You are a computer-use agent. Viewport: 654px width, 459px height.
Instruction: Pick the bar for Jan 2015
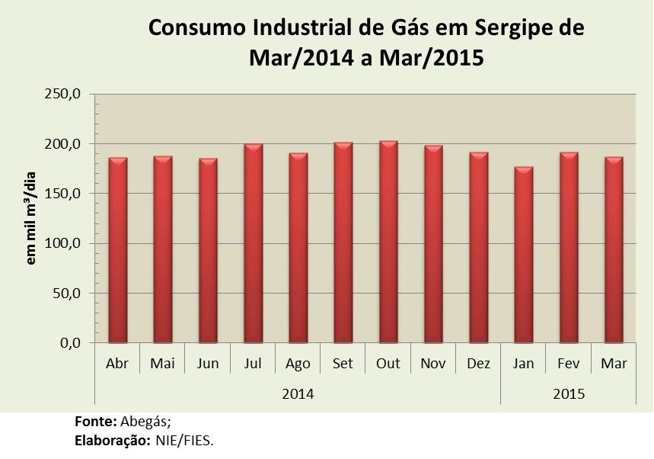[523, 255]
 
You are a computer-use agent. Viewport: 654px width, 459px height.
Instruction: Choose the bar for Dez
[478, 248]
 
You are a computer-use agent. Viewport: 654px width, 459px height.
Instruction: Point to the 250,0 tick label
[65, 95]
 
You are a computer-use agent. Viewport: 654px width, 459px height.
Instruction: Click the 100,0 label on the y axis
[65, 244]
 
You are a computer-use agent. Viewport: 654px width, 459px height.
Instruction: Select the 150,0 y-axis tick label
[65, 194]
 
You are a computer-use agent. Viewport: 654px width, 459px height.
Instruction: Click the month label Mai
[162, 364]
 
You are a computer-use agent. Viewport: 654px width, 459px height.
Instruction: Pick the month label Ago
[298, 364]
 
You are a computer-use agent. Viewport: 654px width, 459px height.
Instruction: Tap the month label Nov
[433, 364]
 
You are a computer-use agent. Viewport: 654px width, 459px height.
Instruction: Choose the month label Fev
[569, 364]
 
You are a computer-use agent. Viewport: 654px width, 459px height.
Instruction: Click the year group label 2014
[298, 394]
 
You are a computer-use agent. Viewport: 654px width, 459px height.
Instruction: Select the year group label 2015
[569, 394]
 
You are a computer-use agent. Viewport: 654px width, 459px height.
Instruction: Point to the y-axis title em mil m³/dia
[32, 220]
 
